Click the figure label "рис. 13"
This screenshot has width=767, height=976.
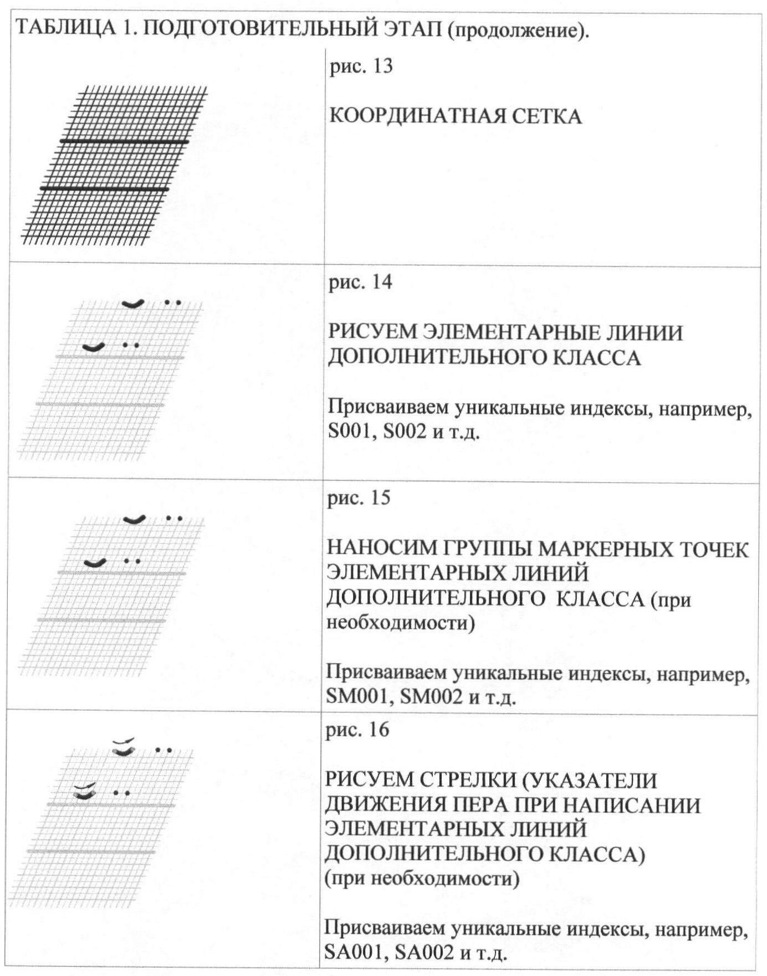coord(361,67)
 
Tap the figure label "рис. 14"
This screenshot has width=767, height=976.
coord(360,282)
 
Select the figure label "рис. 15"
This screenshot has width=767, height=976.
coord(359,498)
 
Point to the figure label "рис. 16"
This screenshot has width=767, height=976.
coord(357,730)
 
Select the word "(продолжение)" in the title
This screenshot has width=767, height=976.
coord(518,29)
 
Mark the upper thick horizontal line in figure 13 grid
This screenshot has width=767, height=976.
coord(125,142)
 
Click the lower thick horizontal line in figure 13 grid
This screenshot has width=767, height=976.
coord(104,189)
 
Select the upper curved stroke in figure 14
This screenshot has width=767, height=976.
coord(133,303)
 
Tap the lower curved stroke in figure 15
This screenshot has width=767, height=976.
coord(95,563)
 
